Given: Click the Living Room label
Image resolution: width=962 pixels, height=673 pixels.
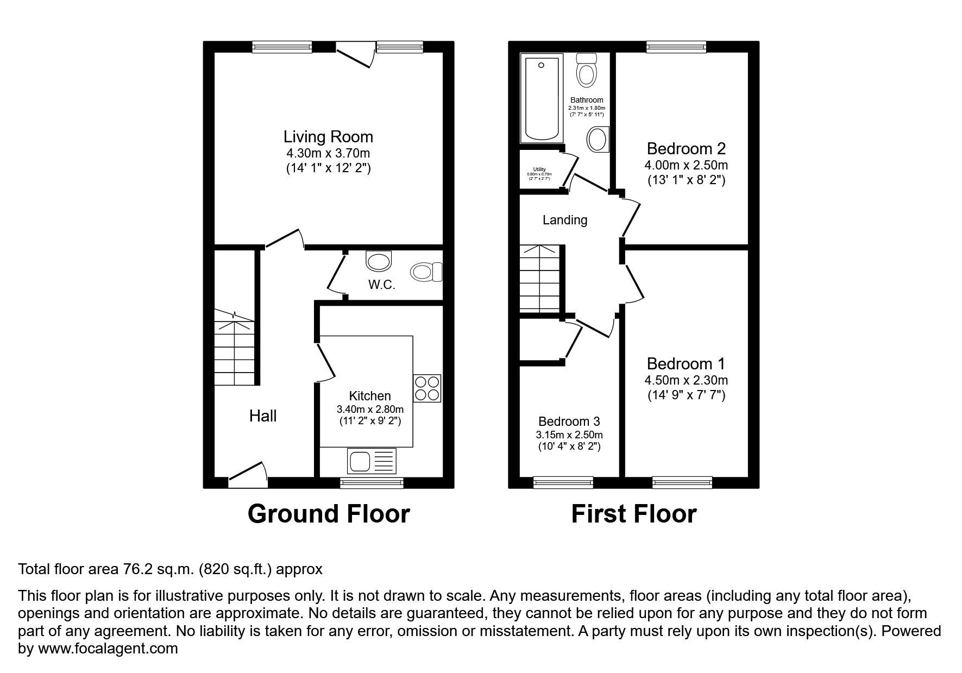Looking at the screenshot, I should pyautogui.click(x=328, y=136).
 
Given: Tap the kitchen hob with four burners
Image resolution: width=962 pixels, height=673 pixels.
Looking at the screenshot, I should pyautogui.click(x=427, y=388).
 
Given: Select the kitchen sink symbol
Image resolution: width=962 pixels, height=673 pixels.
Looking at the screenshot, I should pyautogui.click(x=372, y=461).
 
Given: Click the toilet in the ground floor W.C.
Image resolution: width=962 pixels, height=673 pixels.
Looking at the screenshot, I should pyautogui.click(x=426, y=272).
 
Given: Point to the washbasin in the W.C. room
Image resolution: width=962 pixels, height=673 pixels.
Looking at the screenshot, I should pyautogui.click(x=379, y=261).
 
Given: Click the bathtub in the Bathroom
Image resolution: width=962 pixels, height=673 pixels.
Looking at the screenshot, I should pyautogui.click(x=540, y=98).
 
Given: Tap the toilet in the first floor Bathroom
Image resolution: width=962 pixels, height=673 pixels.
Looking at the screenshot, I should pyautogui.click(x=587, y=71).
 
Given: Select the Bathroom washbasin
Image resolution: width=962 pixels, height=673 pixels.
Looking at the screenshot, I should pyautogui.click(x=598, y=140).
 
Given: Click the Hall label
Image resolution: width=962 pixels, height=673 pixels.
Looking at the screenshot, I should pyautogui.click(x=263, y=416).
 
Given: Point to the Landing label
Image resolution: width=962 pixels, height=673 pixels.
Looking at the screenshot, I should pyautogui.click(x=565, y=220).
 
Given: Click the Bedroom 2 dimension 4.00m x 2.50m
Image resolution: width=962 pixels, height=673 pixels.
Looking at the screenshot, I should pyautogui.click(x=686, y=165).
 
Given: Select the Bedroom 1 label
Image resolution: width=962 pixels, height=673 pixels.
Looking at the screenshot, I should pyautogui.click(x=686, y=363).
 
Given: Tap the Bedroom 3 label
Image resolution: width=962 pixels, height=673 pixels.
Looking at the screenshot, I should pyautogui.click(x=569, y=422).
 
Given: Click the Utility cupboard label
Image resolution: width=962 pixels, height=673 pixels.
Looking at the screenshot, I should pyautogui.click(x=539, y=169).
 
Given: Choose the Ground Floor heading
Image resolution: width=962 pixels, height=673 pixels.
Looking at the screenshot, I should pyautogui.click(x=328, y=514).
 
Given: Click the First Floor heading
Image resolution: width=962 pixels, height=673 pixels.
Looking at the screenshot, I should pyautogui.click(x=633, y=514).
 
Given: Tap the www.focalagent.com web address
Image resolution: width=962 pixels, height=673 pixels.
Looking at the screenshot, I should pyautogui.click(x=108, y=649).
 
